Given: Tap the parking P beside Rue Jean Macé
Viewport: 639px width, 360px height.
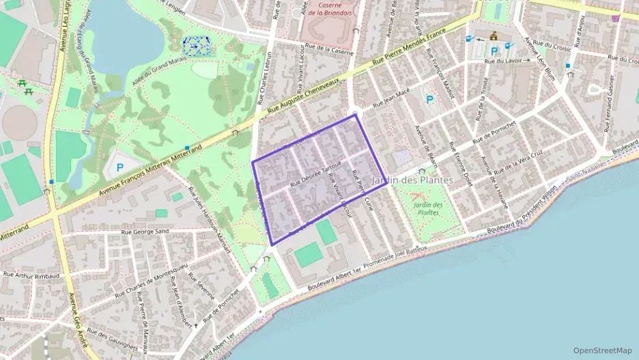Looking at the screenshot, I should tap(429, 100).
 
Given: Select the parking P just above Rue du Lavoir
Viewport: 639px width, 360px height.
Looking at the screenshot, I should tap(494, 51).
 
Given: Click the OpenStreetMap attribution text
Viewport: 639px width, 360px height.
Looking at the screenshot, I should tap(602, 350).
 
